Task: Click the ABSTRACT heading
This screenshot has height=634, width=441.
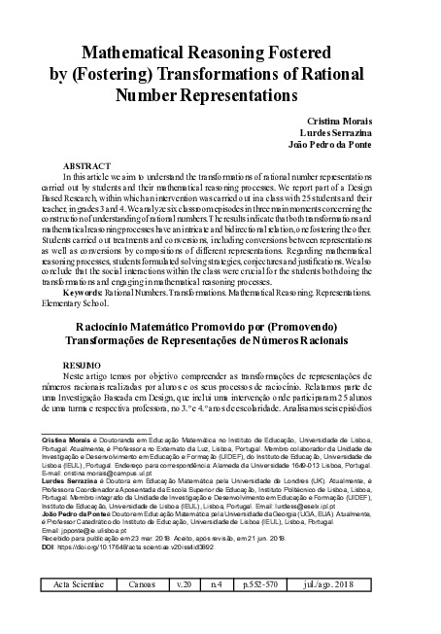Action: point(85,166)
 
